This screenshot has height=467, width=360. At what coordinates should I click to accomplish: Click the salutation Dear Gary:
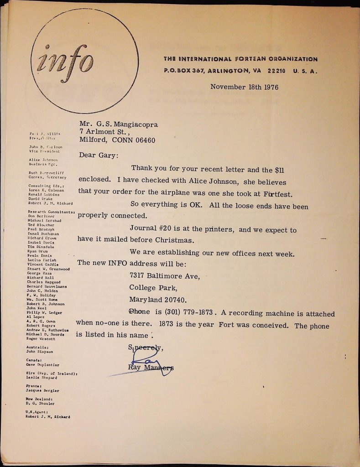click(98, 155)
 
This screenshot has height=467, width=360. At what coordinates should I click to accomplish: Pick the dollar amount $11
click(279, 170)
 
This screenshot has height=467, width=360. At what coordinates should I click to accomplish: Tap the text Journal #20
click(152, 230)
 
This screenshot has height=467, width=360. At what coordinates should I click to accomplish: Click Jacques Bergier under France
click(42, 391)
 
